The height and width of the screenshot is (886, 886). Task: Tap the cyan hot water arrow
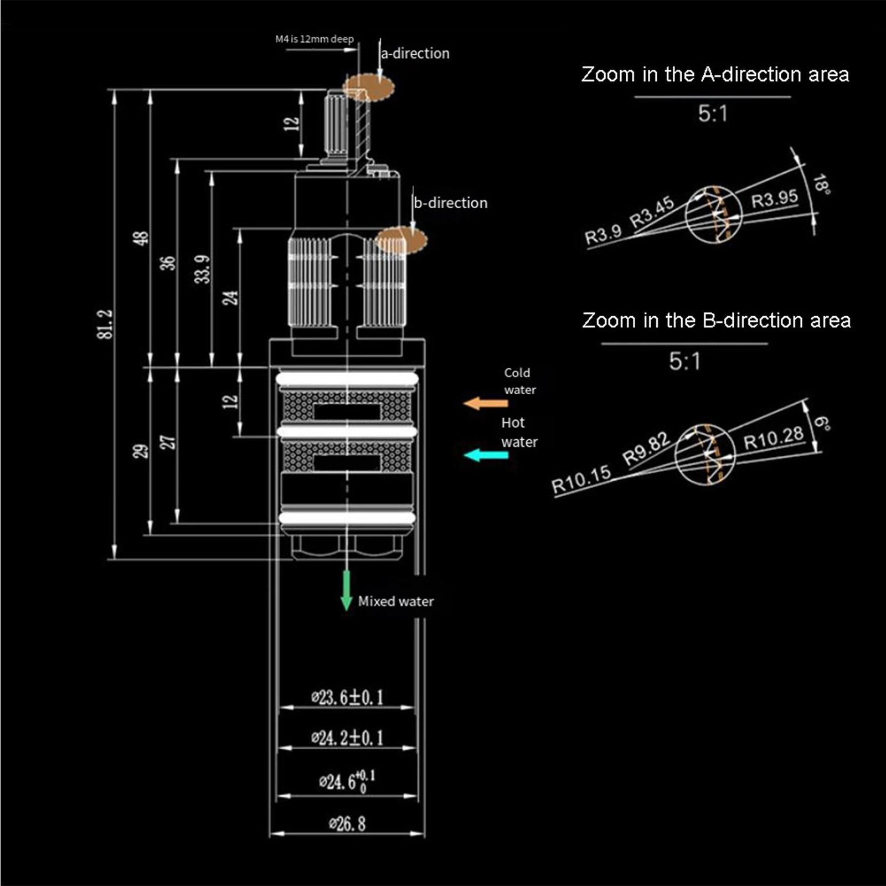(486, 455)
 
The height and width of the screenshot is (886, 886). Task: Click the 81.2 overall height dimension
(107, 324)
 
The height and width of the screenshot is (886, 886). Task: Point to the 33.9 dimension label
(203, 269)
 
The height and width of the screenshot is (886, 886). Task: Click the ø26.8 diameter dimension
(347, 824)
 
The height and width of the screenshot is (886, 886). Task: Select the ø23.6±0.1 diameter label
(347, 697)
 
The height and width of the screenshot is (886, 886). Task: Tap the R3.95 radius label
(774, 198)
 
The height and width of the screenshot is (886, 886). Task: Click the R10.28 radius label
(773, 439)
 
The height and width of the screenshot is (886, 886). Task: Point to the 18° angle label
(822, 184)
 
